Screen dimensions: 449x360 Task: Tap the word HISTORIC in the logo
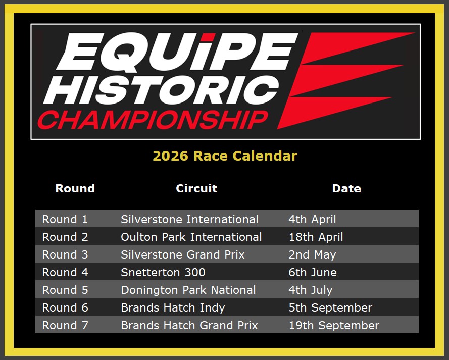(161, 90)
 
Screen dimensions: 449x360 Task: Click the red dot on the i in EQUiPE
(210, 37)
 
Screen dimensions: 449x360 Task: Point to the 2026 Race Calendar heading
(225, 156)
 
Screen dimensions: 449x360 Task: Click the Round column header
(75, 188)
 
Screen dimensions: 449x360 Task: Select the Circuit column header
(196, 188)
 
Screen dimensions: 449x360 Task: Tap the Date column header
(346, 188)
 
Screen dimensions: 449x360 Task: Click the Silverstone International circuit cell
(189, 219)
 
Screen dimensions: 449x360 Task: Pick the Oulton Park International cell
(191, 237)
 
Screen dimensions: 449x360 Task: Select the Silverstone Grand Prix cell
(183, 254)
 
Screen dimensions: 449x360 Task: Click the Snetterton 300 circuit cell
(163, 273)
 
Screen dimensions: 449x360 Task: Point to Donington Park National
(188, 290)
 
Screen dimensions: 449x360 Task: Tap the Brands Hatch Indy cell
(173, 308)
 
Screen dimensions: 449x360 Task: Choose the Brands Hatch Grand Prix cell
(189, 325)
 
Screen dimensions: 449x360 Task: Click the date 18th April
(316, 237)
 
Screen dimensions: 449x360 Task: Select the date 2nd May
(312, 254)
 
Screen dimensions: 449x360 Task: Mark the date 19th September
(334, 325)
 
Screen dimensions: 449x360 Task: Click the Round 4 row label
(65, 273)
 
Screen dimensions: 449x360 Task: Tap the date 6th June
(313, 273)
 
